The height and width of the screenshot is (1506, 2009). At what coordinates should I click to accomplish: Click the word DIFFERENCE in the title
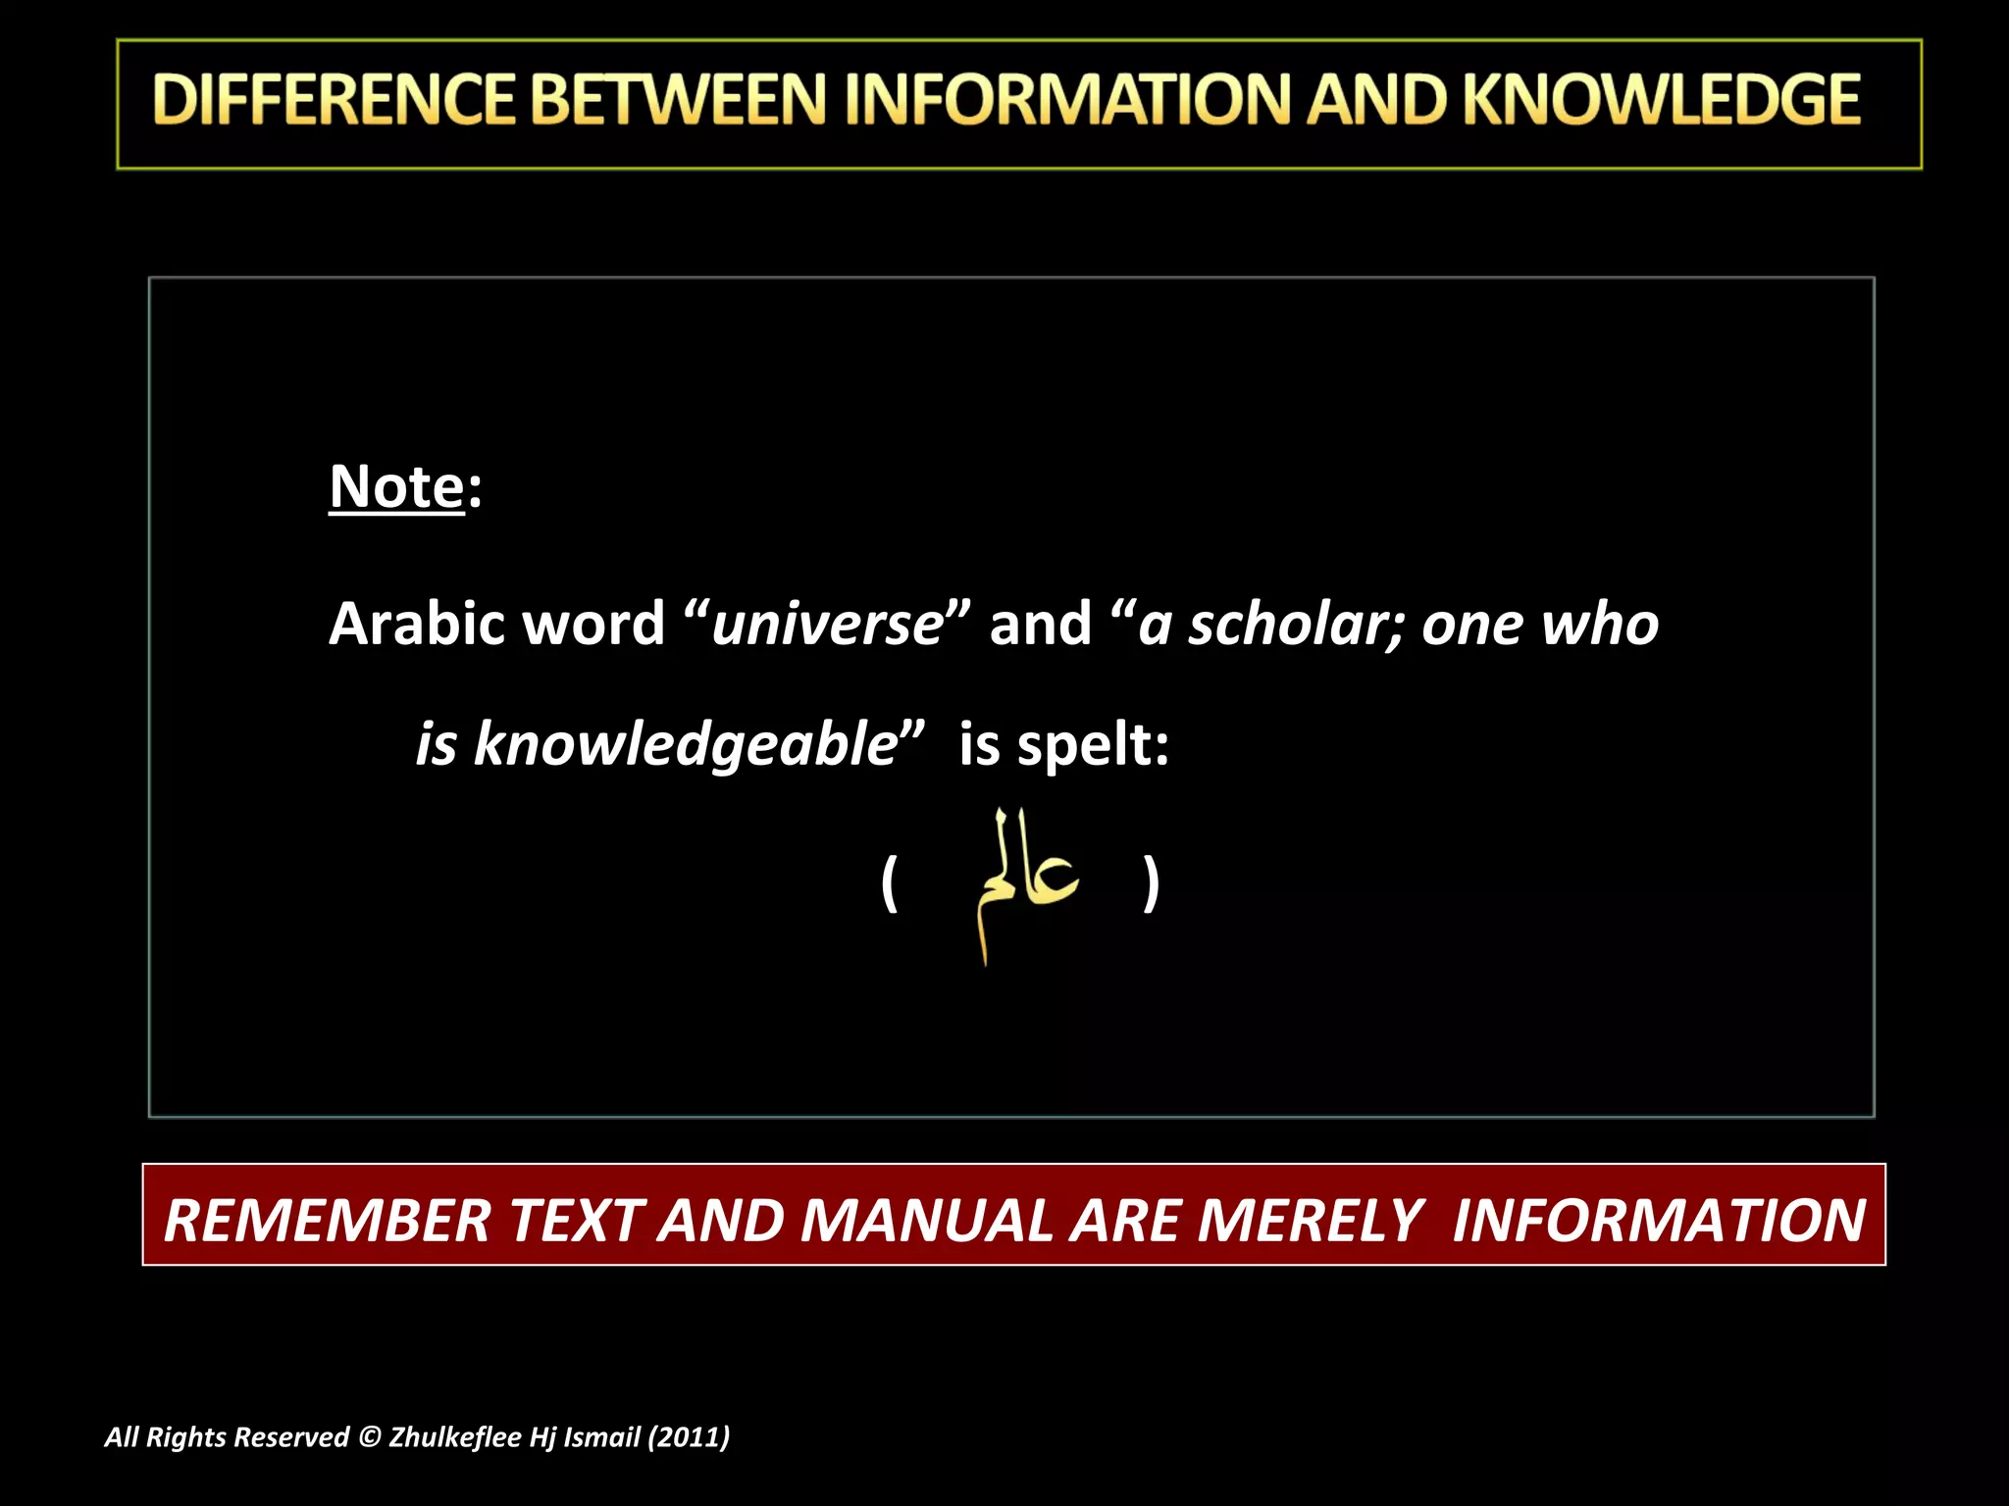point(335,100)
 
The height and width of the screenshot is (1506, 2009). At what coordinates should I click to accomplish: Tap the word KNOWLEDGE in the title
point(1662,100)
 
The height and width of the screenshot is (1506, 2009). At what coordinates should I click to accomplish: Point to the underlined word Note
point(396,486)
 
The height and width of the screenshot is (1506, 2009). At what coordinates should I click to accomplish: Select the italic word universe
point(827,624)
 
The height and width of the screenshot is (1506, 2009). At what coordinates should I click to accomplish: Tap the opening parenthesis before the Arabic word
point(890,882)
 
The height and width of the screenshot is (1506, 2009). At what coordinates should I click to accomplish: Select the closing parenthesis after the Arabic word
point(1151,882)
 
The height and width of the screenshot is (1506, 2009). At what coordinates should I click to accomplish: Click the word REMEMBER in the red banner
point(327,1221)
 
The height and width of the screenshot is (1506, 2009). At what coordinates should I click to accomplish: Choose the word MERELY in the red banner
point(1309,1221)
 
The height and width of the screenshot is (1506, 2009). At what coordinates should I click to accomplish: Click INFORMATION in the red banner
point(1659,1221)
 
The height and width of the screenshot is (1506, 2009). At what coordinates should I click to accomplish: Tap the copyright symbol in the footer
point(369,1437)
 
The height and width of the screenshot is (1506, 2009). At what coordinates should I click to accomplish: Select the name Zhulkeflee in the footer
point(454,1437)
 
